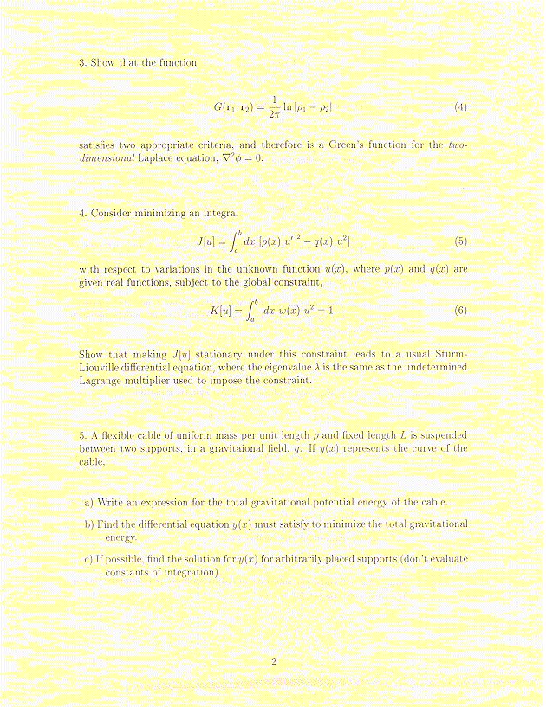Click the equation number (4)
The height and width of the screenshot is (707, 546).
(460, 107)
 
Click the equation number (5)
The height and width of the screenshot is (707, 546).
(460, 240)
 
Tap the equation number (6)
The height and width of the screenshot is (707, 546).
(460, 311)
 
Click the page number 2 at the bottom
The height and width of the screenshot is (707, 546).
(273, 662)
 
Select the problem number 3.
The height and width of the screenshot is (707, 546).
(81, 62)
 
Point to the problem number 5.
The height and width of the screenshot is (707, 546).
(81, 436)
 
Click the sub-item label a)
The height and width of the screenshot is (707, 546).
(89, 502)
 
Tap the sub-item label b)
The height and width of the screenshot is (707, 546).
(89, 524)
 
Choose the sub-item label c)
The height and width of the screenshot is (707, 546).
(89, 559)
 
